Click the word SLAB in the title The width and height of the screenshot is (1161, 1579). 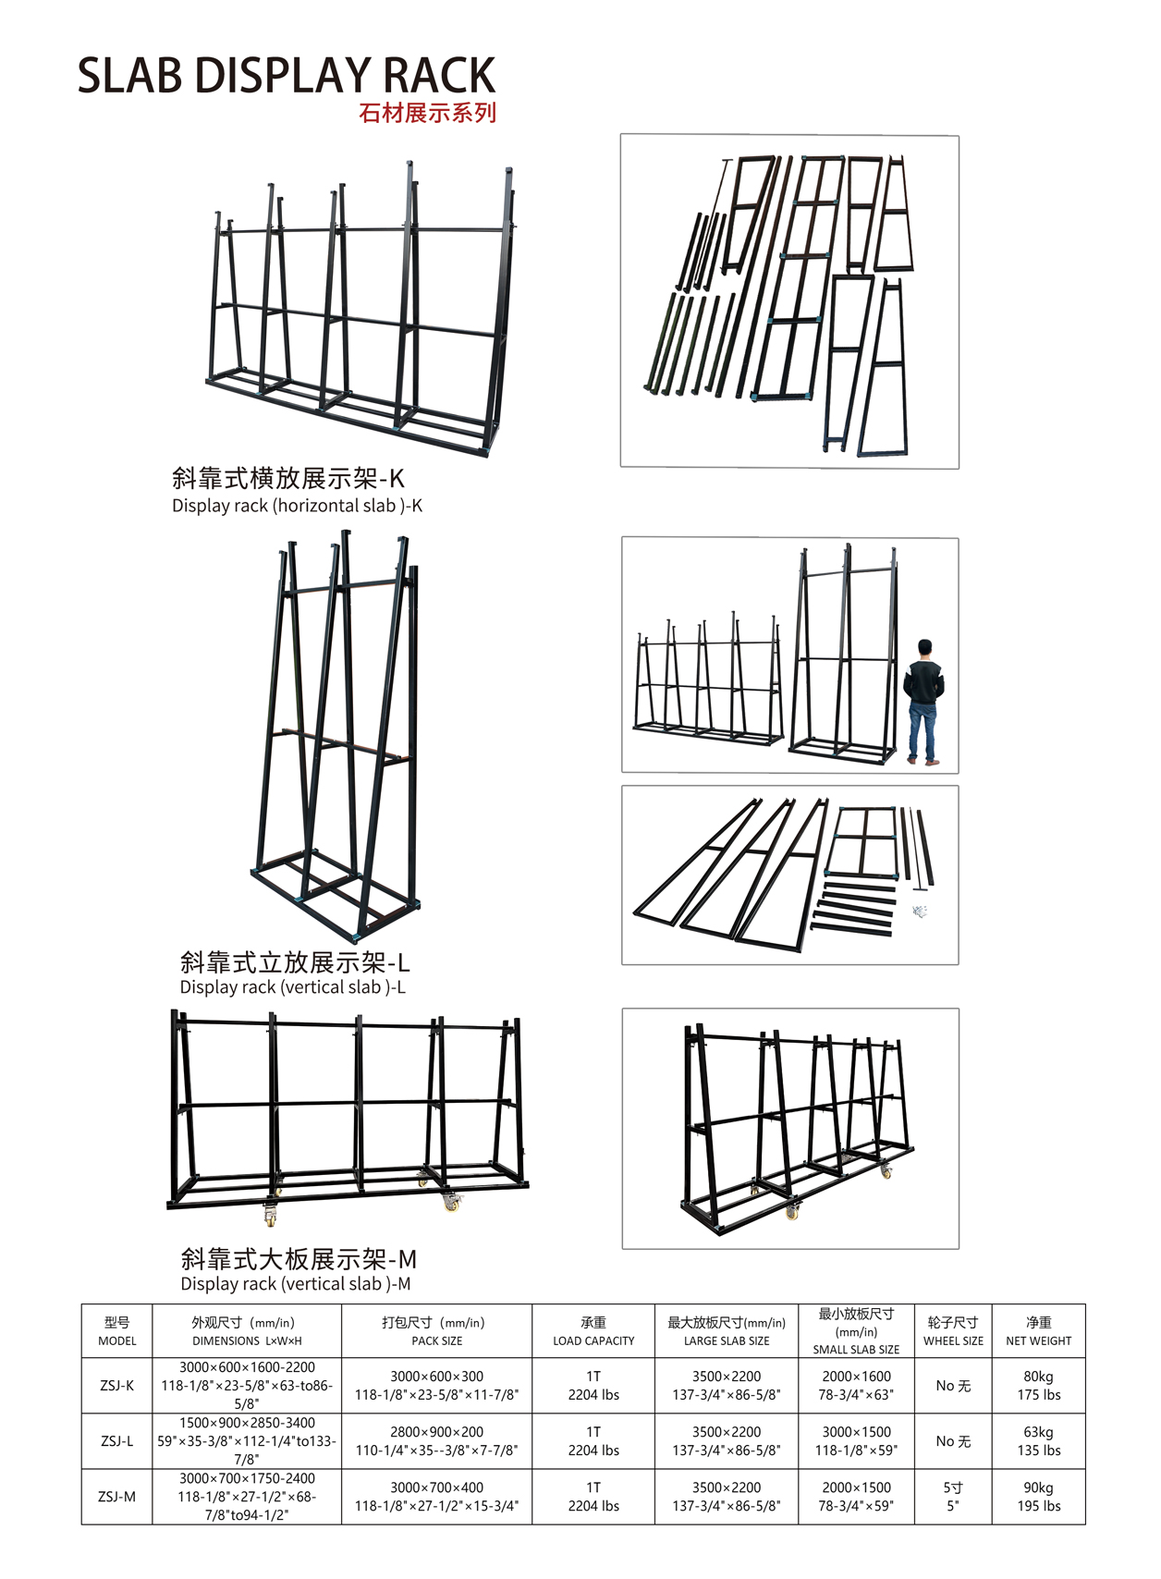(x=129, y=76)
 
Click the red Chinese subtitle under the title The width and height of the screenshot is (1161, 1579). (x=427, y=113)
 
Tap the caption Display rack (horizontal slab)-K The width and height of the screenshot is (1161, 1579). (x=297, y=506)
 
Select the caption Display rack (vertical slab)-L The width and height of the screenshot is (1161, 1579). (x=292, y=987)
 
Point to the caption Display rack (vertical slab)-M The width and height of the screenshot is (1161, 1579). (x=296, y=1284)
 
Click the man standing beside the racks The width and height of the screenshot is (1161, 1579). (x=923, y=701)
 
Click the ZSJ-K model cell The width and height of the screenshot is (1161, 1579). (x=117, y=1385)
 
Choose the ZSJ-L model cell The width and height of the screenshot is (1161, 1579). (x=117, y=1440)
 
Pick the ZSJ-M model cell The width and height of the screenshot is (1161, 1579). (x=117, y=1497)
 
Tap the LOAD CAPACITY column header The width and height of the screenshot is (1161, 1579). (x=593, y=1331)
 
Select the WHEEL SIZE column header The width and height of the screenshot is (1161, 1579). (x=953, y=1331)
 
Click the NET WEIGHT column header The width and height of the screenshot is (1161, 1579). (x=1038, y=1331)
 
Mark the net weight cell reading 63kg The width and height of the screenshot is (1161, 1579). (x=1038, y=1440)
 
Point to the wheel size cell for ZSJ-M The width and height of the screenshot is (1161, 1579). (x=953, y=1497)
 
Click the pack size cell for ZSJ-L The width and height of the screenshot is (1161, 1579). (x=436, y=1440)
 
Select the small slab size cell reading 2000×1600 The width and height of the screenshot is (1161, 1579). (x=856, y=1385)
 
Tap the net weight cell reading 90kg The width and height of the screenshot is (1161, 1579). (x=1038, y=1497)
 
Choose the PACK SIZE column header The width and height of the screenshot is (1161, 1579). (x=436, y=1331)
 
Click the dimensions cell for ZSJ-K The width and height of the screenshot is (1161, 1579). (x=247, y=1385)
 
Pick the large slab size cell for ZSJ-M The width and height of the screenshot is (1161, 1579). (x=727, y=1497)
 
